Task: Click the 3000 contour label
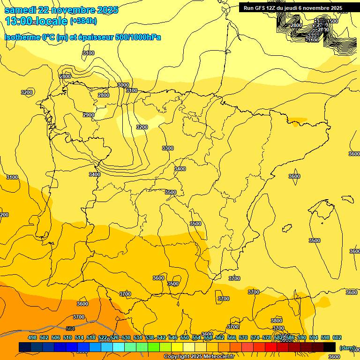pyautogui.click(x=123, y=85)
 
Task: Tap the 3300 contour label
pyautogui.click(x=167, y=148)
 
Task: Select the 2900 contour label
pyautogui.click(x=88, y=115)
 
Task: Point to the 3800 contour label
pyautogui.click(x=277, y=321)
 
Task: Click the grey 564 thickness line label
pyautogui.click(x=70, y=329)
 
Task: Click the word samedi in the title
pyautogui.click(x=20, y=10)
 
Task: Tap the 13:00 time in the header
pyautogui.click(x=18, y=21)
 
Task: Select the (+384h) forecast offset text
pyautogui.click(x=83, y=21)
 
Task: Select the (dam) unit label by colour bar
pyautogui.click(x=347, y=347)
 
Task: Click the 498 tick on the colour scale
pyautogui.click(x=32, y=337)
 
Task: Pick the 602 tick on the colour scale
pyautogui.click(x=337, y=337)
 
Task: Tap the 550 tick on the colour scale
pyautogui.click(x=185, y=337)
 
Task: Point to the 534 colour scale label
pyautogui.click(x=138, y=337)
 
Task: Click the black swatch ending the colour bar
pyautogui.click(x=330, y=347)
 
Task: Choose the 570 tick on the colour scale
pyautogui.click(x=243, y=337)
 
